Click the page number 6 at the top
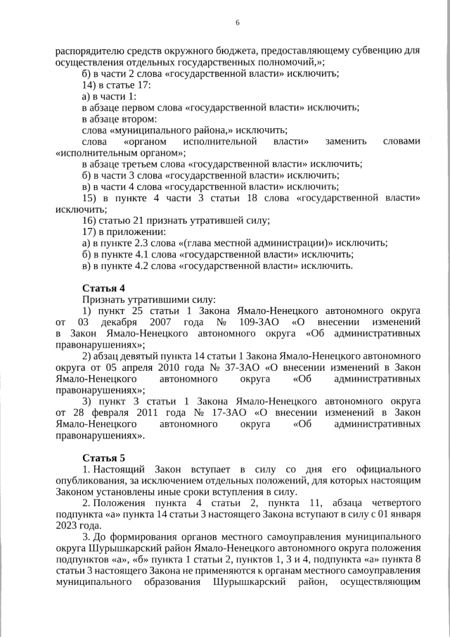[x=237, y=23]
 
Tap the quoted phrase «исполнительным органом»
[x=120, y=152]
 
